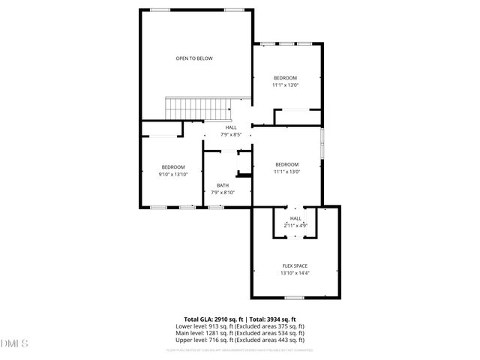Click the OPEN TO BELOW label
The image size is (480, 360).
pos(194,58)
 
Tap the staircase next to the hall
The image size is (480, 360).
pos(197,108)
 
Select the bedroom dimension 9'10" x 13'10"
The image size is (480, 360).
pos(172,174)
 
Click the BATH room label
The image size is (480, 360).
pos(223,185)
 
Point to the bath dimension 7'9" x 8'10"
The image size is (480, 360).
pos(223,193)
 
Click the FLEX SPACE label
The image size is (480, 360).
pos(295,266)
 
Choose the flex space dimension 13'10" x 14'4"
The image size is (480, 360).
pos(295,273)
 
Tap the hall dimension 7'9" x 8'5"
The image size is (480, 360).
pos(231,135)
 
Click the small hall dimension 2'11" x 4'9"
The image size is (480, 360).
pos(295,225)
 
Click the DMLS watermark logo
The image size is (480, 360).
pos(13,344)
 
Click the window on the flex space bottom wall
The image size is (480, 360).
pos(294,298)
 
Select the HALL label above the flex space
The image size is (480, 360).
pos(295,218)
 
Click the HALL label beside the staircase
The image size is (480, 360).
pos(231,128)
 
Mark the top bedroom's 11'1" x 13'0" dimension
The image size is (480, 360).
pos(286,85)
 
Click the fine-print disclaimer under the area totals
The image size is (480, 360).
pos(240,349)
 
